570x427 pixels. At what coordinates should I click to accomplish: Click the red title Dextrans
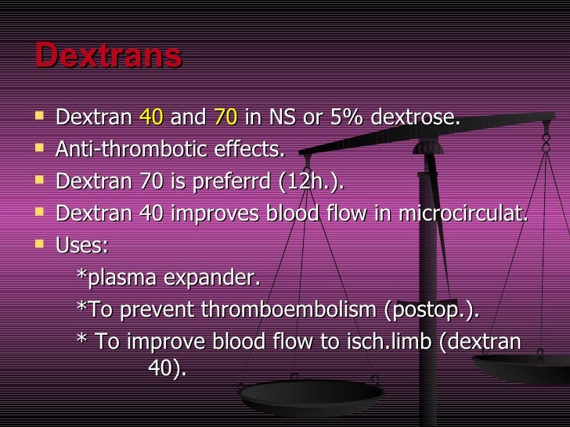[x=108, y=56]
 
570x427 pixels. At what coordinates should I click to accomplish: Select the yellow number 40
[x=151, y=118]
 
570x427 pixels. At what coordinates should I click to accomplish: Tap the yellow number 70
[x=225, y=118]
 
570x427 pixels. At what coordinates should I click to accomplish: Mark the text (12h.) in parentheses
[x=316, y=181]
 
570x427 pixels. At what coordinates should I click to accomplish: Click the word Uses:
[x=82, y=246]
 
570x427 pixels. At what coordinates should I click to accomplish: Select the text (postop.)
[x=431, y=310]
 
